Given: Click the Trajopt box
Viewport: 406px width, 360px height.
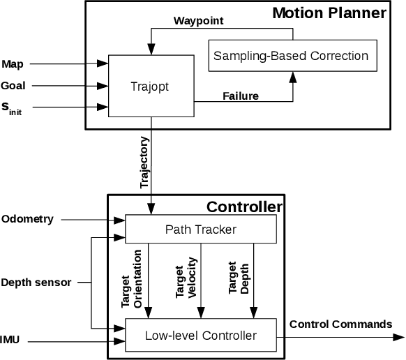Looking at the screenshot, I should (x=151, y=87).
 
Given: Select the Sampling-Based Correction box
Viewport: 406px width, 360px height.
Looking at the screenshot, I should (x=290, y=55).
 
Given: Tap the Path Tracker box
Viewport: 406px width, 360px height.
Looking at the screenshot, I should (x=200, y=229).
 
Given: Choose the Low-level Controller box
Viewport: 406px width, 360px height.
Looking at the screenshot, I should (x=200, y=336).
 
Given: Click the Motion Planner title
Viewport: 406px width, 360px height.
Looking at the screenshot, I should (x=329, y=13).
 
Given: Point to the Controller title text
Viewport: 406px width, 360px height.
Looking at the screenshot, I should (x=244, y=207).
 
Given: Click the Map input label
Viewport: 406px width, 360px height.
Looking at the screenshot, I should (x=12, y=64).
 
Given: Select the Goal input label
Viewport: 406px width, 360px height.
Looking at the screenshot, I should (x=13, y=87).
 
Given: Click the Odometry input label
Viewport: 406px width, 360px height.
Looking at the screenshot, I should (x=27, y=218).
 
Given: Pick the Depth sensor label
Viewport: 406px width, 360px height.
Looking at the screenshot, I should (x=36, y=283).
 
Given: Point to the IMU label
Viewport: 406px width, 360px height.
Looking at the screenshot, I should (x=10, y=341).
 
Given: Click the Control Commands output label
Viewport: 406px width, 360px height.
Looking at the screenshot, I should (x=340, y=324).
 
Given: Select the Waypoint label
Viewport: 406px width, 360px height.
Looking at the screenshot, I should (x=198, y=21).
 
